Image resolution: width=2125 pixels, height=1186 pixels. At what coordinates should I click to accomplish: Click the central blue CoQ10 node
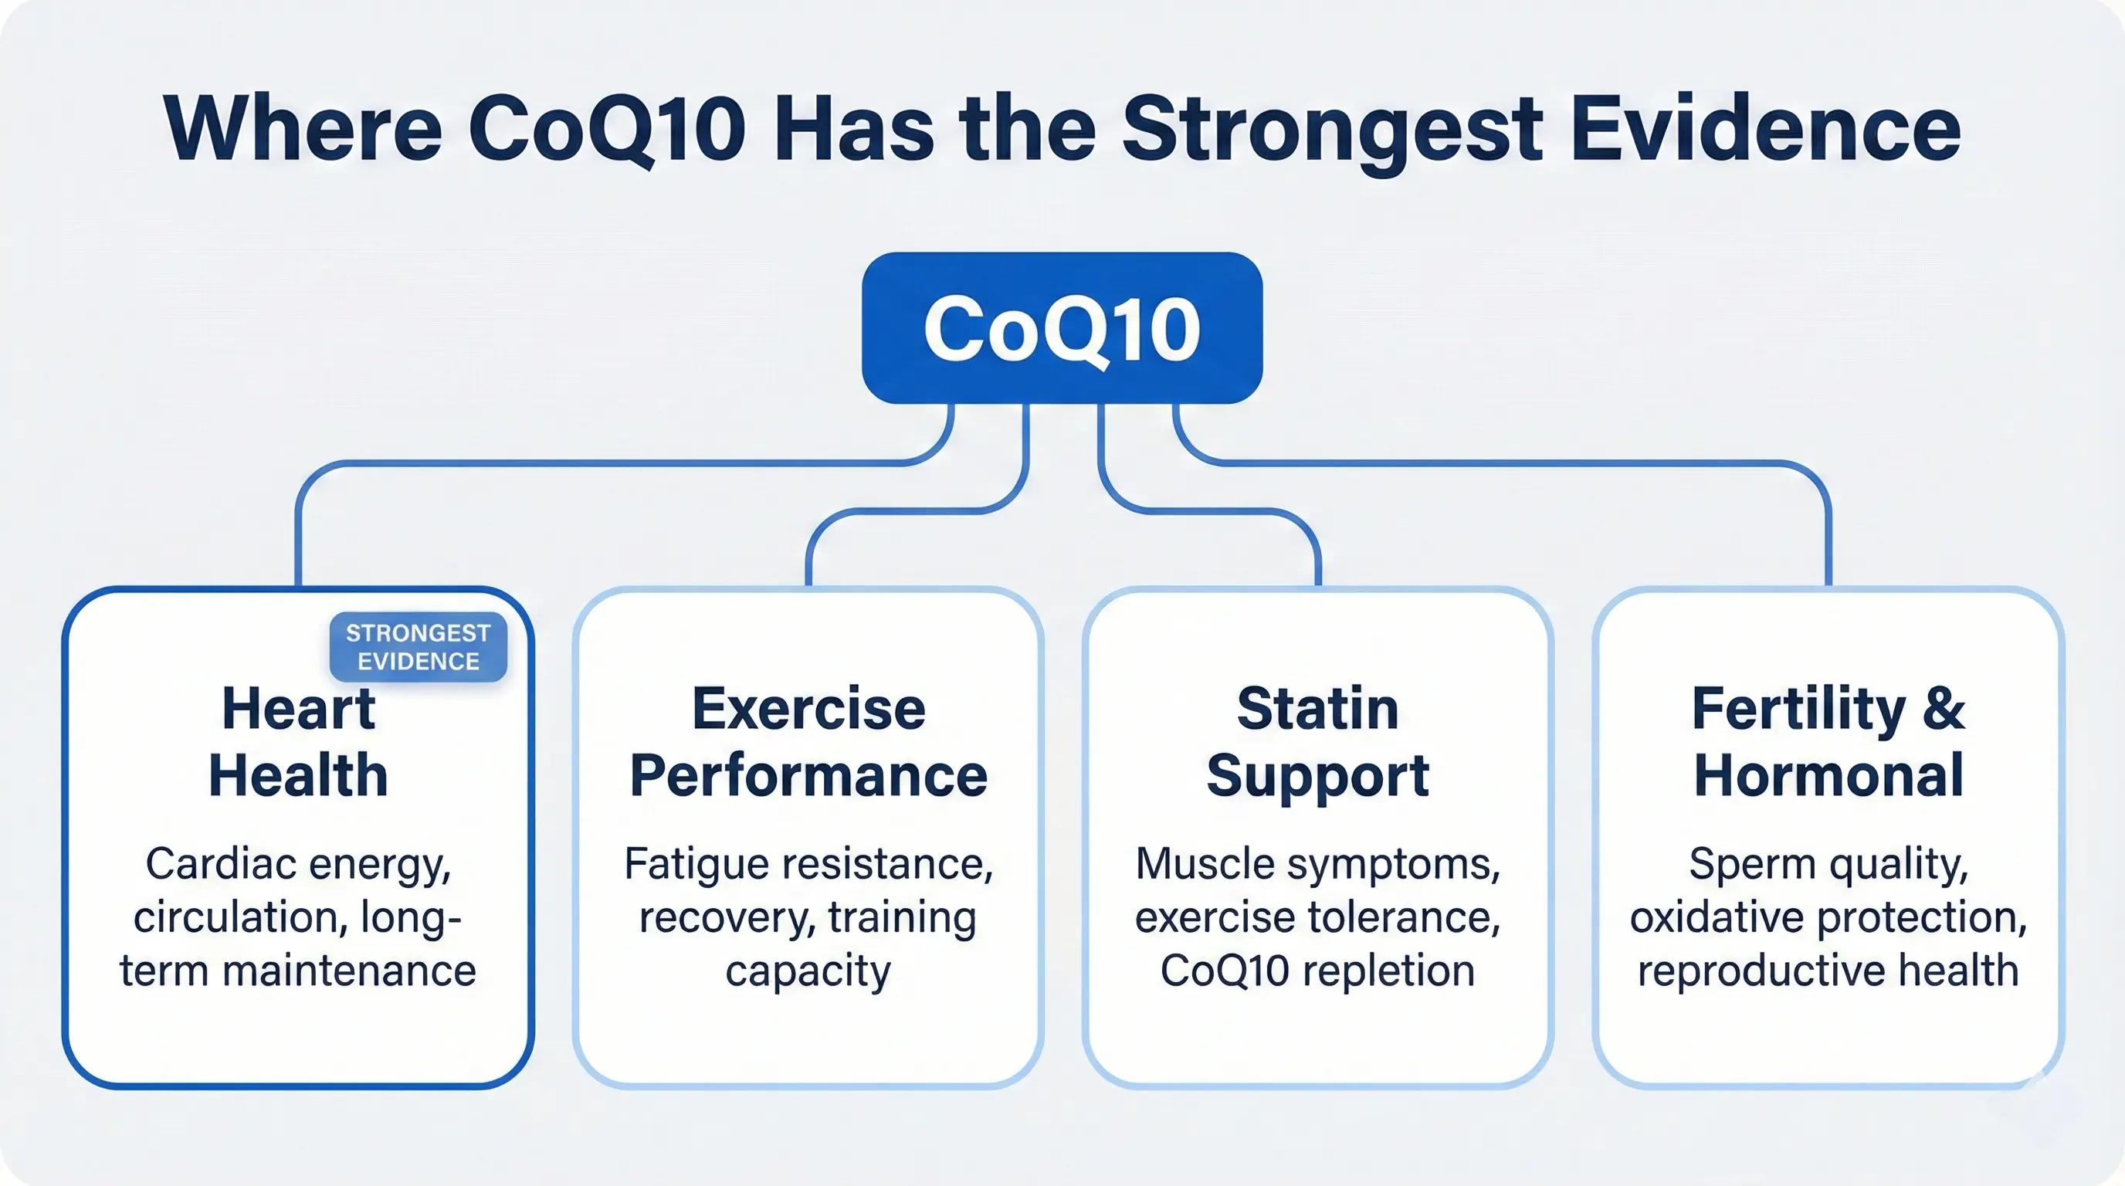tap(1062, 328)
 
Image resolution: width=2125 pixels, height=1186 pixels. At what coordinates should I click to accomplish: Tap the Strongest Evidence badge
tap(419, 647)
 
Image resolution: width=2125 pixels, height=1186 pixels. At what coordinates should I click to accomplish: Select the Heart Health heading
tap(299, 742)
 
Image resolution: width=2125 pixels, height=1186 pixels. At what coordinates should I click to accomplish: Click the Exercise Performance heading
tap(808, 742)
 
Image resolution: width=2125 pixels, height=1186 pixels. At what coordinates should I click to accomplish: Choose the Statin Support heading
tap(1317, 742)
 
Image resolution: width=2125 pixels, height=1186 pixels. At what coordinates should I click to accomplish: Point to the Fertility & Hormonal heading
tap(1828, 742)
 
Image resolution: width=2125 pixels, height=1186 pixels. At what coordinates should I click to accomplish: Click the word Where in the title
tap(303, 130)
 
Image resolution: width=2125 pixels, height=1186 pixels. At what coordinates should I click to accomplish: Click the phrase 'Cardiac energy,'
tap(299, 864)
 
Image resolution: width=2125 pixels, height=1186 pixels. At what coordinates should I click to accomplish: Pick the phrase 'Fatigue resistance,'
tap(808, 864)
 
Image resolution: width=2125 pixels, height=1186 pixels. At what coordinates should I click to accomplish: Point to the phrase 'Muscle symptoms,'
tap(1317, 864)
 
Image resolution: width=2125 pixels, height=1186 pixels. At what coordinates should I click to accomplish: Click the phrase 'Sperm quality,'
tap(1828, 864)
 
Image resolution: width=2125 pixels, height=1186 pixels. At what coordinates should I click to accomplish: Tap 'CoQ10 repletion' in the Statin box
tap(1317, 970)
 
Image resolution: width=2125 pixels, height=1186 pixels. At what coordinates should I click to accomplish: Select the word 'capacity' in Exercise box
tap(808, 971)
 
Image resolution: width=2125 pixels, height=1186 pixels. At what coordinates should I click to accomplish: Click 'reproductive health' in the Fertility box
tap(1828, 970)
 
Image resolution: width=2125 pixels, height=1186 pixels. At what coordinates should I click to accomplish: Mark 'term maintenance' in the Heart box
tap(299, 970)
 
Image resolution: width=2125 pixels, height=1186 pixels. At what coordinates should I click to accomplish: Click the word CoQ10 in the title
tap(608, 130)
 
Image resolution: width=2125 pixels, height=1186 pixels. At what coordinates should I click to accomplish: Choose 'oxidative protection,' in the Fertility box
tap(1828, 917)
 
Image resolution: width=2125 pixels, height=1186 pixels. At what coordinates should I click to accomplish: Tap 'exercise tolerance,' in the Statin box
tap(1317, 917)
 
